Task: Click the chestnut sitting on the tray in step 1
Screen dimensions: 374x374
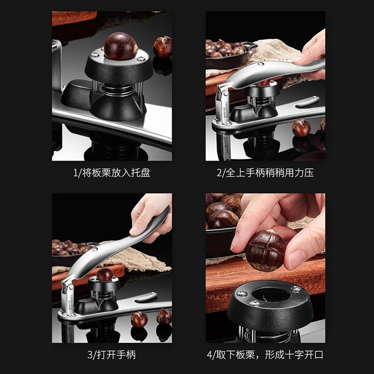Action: click(x=120, y=47)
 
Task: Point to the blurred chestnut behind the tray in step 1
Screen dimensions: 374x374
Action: click(x=163, y=47)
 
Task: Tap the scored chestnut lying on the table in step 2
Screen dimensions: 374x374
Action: click(x=301, y=128)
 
